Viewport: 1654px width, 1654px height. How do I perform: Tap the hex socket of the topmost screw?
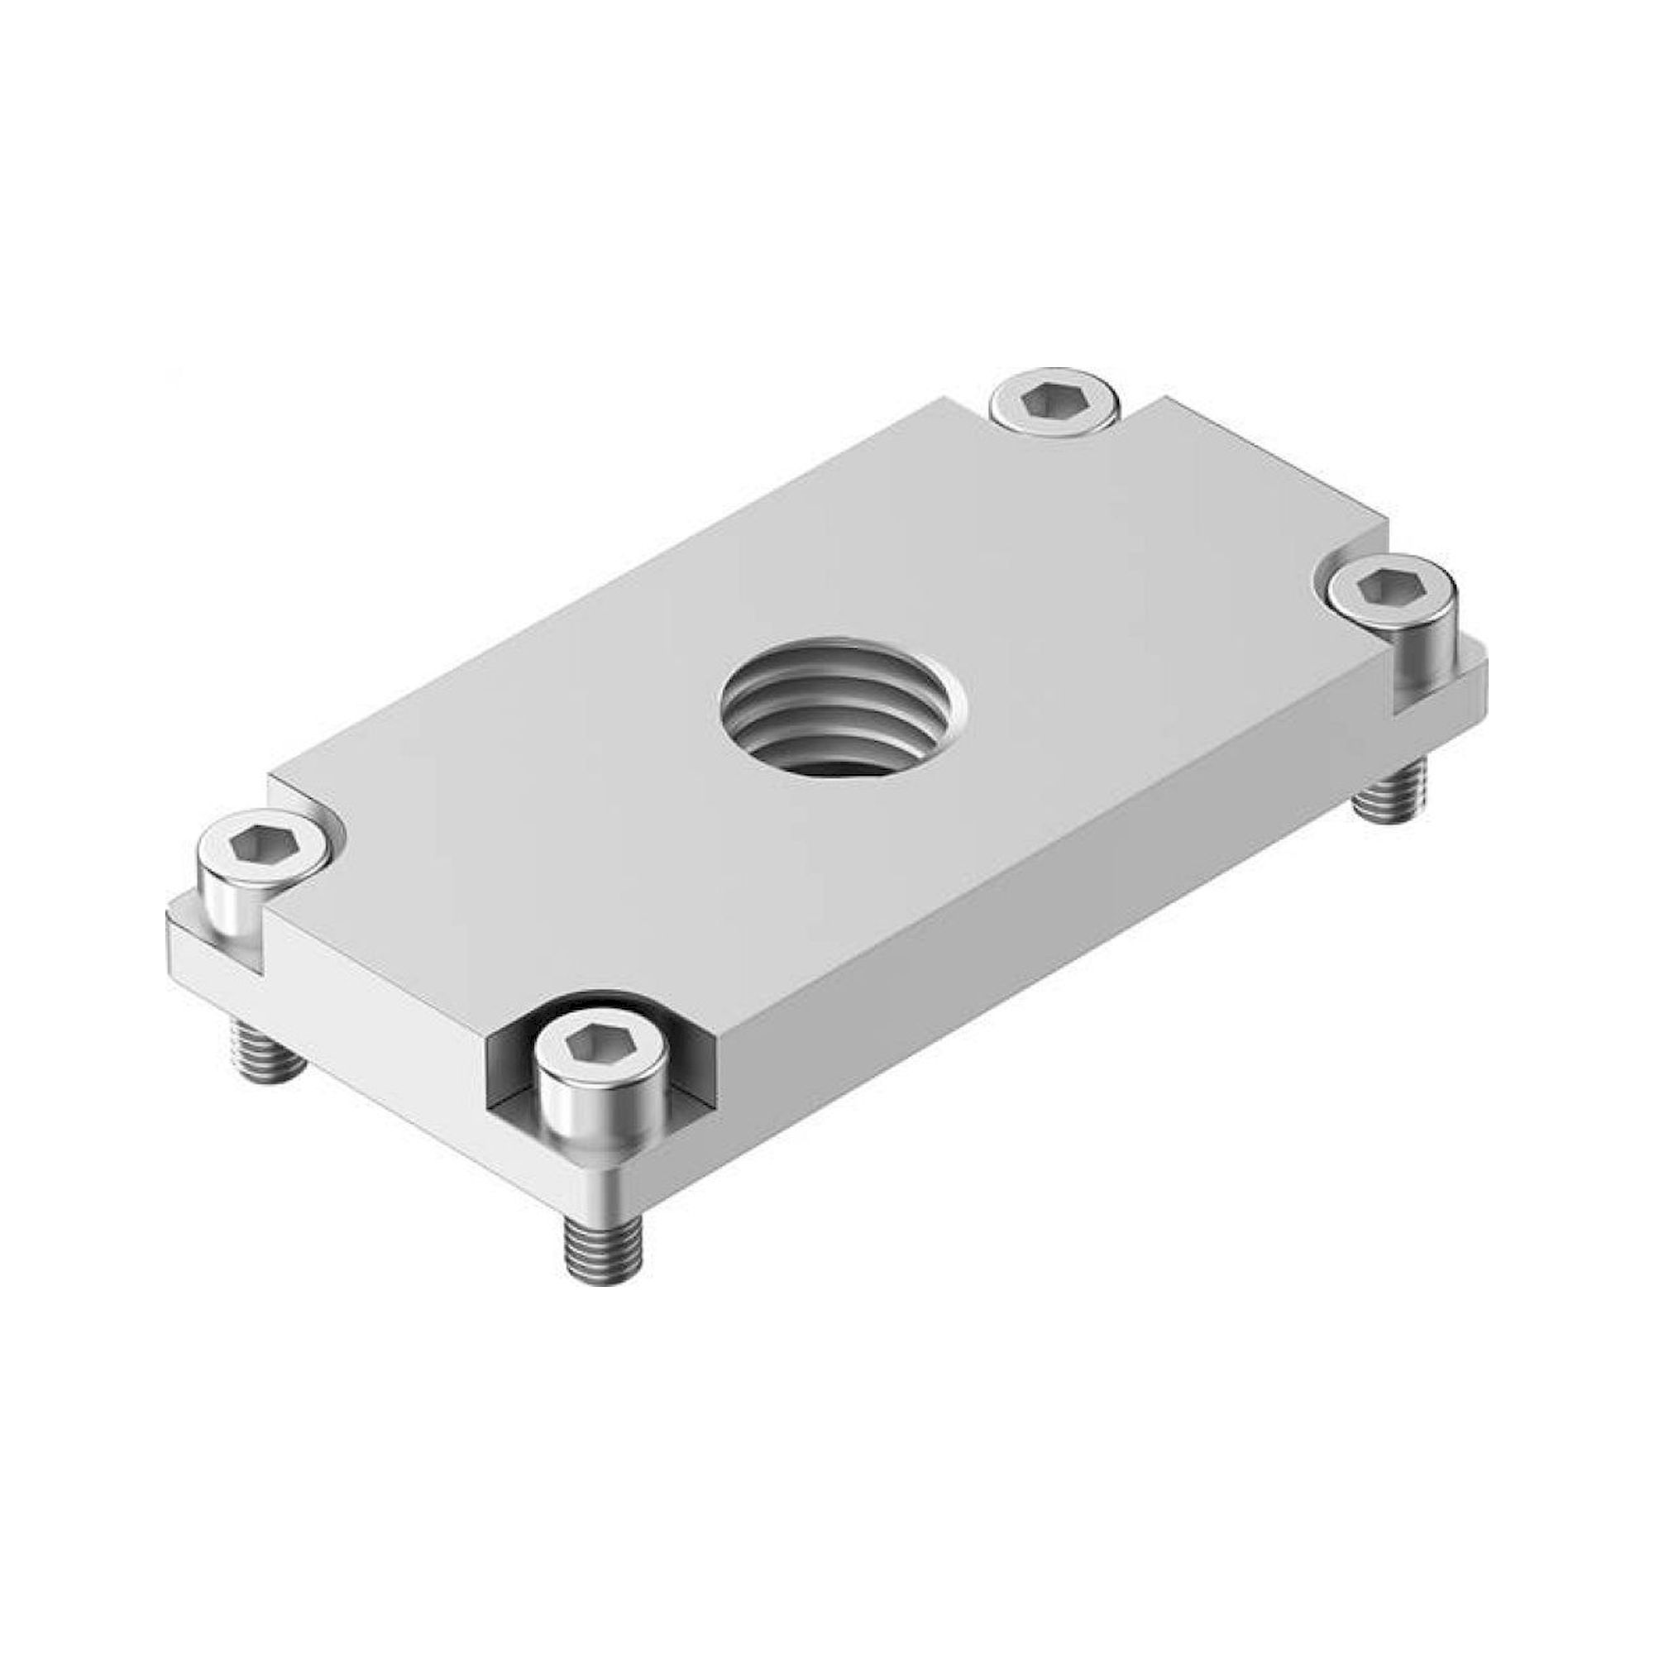pos(1054,399)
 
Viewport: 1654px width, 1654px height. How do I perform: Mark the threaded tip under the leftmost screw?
pos(267,1050)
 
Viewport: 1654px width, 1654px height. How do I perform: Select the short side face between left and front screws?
pos(376,976)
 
